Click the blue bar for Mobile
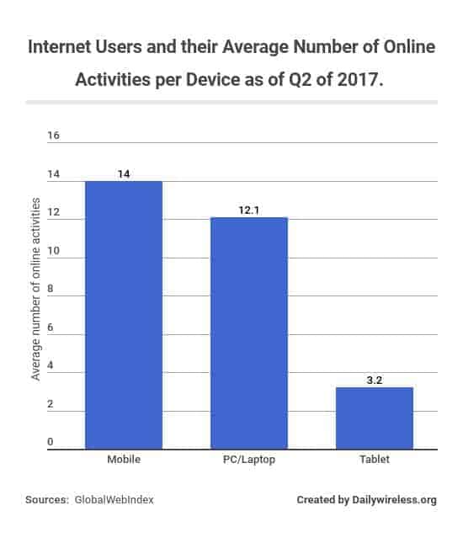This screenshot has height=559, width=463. [124, 315]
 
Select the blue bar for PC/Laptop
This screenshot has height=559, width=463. [249, 333]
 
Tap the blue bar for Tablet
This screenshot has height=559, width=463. [374, 418]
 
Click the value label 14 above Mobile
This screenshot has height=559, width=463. [124, 173]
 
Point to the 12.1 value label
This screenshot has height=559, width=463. [249, 210]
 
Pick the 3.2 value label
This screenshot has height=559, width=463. [374, 380]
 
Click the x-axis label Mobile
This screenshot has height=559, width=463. [124, 461]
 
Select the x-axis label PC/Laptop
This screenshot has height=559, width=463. [249, 461]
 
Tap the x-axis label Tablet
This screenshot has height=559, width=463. [374, 461]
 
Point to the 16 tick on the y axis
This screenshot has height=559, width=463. [53, 136]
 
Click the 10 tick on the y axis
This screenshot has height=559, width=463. [53, 251]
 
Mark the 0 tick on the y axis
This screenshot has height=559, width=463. [50, 442]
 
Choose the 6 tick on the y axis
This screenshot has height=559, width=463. [51, 327]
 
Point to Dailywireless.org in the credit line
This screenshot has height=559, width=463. [394, 500]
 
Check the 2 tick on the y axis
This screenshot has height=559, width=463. [51, 404]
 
